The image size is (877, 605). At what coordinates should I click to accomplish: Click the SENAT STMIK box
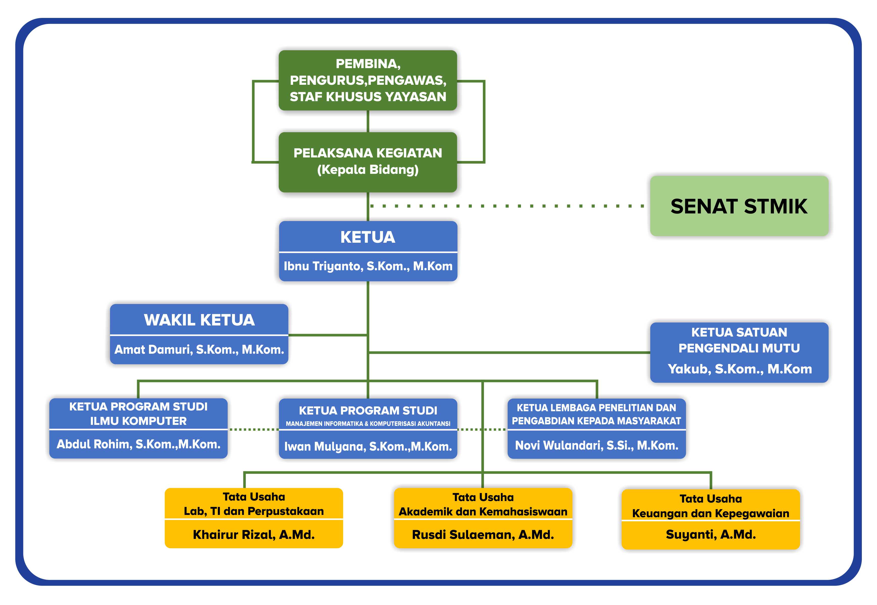coord(739,206)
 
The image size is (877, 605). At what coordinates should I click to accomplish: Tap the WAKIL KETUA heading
coord(199,320)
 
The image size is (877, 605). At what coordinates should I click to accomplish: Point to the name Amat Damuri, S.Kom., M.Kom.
coord(199,349)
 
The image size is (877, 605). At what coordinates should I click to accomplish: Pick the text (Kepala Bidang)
coord(368,170)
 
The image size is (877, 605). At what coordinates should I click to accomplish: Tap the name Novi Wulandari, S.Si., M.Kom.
coord(596,445)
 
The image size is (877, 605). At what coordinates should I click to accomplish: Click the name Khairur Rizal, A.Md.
coord(254,535)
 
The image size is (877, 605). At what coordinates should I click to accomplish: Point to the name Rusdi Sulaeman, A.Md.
coord(483,535)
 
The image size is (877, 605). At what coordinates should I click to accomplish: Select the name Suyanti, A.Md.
coord(710,535)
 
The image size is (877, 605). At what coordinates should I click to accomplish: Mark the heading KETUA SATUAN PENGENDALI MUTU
coord(739,340)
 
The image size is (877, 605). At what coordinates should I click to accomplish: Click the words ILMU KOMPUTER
coord(138,421)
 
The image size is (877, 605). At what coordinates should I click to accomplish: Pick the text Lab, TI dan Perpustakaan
coord(254,511)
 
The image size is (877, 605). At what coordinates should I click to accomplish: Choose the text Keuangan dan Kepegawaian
coord(710,514)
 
